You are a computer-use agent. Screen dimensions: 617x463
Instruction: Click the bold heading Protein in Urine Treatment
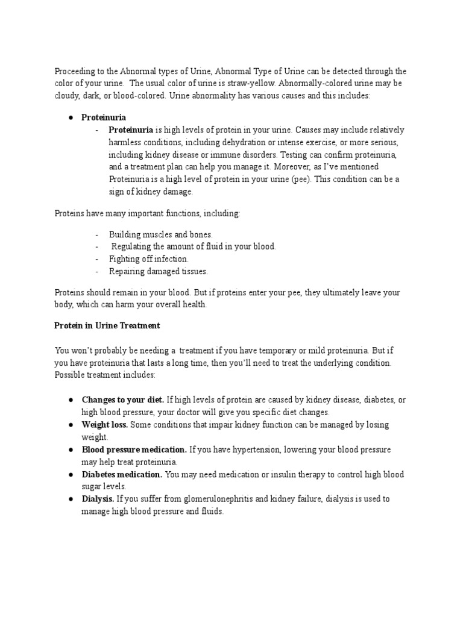tap(107, 326)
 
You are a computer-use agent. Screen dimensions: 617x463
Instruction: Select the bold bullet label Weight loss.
tap(104, 425)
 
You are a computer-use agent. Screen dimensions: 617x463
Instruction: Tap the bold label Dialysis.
tap(98, 499)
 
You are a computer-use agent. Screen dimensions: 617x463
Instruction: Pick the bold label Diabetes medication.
tap(122, 474)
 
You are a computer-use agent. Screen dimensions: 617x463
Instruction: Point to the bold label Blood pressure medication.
tap(134, 449)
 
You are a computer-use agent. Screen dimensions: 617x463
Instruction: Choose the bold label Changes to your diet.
tap(123, 400)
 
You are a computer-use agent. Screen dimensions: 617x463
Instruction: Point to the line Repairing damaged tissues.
tap(158, 272)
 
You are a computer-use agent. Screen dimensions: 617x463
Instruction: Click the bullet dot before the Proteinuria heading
tap(71, 117)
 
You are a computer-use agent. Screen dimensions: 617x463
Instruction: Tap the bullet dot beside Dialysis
tap(71, 499)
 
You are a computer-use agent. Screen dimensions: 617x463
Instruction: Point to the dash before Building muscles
tap(97, 234)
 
